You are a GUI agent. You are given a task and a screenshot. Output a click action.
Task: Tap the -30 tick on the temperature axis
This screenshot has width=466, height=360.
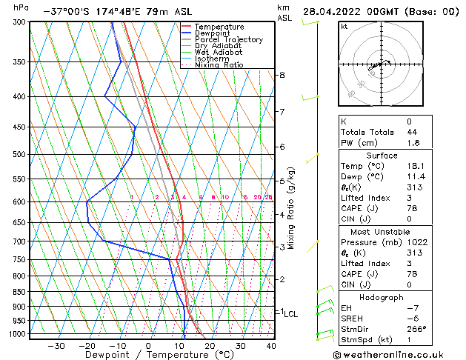tap(56, 345)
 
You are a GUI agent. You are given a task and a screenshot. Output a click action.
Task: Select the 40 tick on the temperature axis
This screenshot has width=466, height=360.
tap(271, 345)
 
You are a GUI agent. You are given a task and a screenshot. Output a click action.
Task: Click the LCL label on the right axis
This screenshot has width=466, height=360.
tap(291, 314)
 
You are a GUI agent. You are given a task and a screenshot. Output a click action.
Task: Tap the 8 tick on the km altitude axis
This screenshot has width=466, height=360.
tap(282, 75)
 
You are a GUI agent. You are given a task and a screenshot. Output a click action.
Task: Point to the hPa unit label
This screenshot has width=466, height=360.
tap(21, 7)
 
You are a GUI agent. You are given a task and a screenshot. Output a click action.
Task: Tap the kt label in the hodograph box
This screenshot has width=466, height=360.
tap(344, 26)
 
